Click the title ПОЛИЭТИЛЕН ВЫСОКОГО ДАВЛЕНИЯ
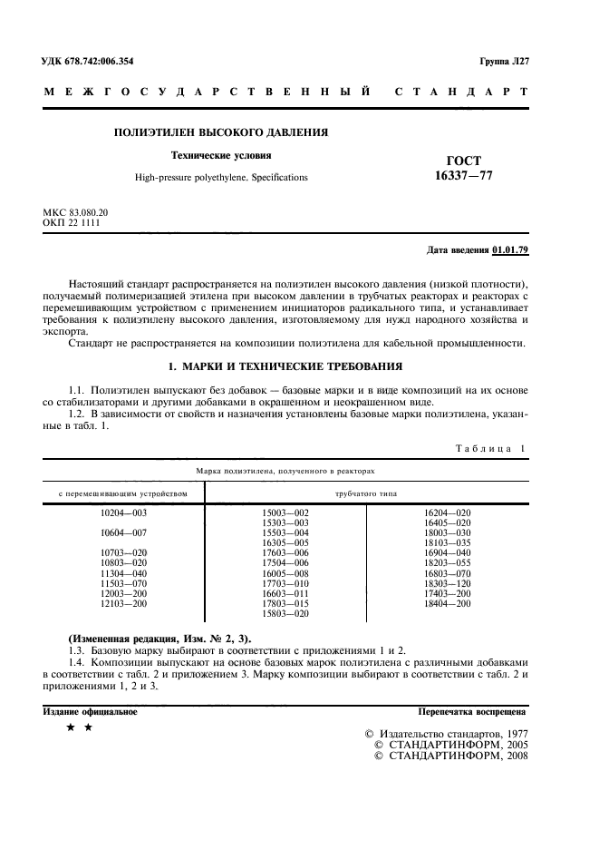pyautogui.click(x=220, y=132)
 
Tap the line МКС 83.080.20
pyautogui.click(x=76, y=212)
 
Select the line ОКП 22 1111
pyautogui.click(x=72, y=222)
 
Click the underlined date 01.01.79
pyautogui.click(x=510, y=249)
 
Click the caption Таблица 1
pyautogui.click(x=488, y=448)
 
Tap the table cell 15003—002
pyautogui.click(x=285, y=513)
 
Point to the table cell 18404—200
pyautogui.click(x=448, y=603)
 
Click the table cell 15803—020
pyautogui.click(x=285, y=613)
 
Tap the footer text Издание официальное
pyautogui.click(x=91, y=711)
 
